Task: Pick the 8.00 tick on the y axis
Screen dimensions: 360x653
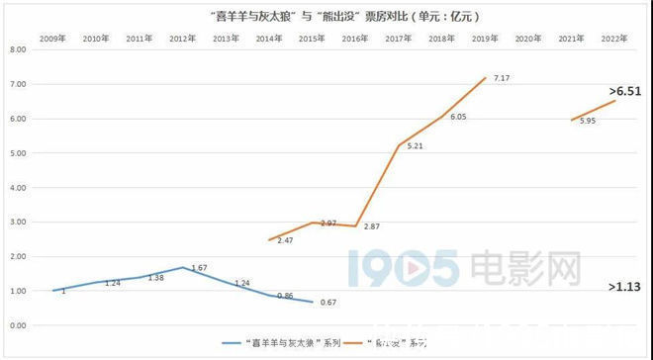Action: pyautogui.click(x=17, y=49)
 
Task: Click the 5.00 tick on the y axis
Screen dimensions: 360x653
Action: pyautogui.click(x=17, y=153)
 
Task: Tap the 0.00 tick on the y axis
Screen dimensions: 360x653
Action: pyautogui.click(x=17, y=325)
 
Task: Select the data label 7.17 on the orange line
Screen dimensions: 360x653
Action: pyautogui.click(x=502, y=77)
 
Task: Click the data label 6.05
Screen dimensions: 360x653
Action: pyautogui.click(x=458, y=117)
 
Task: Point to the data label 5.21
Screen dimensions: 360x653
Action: pyautogui.click(x=416, y=145)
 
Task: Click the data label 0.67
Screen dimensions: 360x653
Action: pyautogui.click(x=326, y=303)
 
